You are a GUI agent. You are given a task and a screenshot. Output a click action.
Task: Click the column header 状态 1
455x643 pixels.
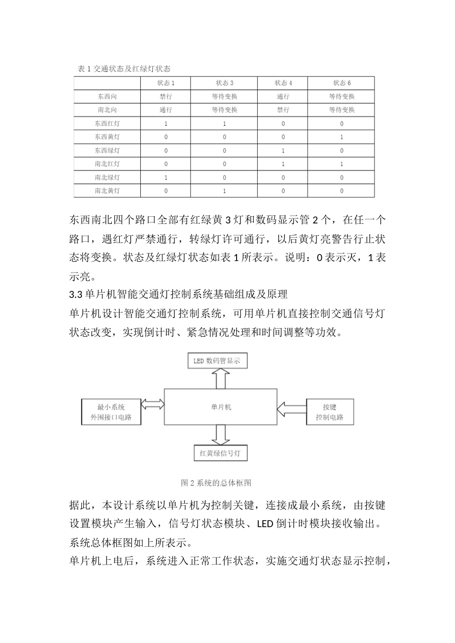coord(166,83)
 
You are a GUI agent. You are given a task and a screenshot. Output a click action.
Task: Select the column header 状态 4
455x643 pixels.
coord(283,83)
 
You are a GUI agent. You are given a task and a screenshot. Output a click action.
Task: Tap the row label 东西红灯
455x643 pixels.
coord(107,123)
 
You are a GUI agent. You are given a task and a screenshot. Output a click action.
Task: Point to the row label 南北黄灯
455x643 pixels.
coord(107,190)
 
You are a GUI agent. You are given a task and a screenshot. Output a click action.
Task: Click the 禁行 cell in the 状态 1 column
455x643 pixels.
coord(166,96)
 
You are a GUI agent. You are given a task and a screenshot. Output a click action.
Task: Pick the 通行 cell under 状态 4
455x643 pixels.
coord(283,96)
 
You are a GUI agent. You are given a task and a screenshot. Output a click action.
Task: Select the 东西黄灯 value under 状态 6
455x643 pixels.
coord(341,137)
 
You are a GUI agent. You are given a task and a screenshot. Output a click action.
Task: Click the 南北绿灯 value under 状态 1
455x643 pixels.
coord(166,177)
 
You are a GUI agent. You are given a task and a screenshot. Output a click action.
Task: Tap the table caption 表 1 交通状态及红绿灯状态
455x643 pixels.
coord(124,69)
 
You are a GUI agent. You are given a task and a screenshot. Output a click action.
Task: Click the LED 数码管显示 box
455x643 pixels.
coord(216,361)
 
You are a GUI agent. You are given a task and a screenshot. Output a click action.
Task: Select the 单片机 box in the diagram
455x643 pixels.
coord(221,407)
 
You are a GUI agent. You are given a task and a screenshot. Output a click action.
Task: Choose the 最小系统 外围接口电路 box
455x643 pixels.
coord(111,412)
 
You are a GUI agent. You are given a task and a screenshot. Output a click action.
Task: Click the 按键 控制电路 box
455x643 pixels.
coord(330,412)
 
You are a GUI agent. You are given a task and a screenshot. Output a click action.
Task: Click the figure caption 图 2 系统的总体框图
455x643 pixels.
coord(216,483)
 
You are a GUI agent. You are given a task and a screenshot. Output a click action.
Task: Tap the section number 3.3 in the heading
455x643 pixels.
coord(76,293)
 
